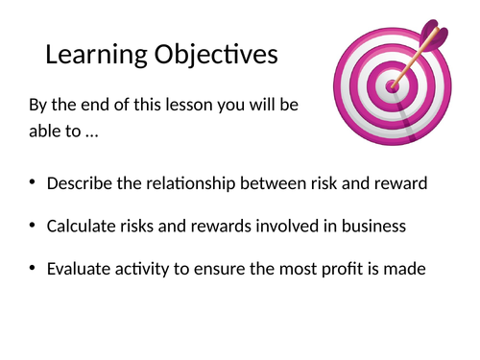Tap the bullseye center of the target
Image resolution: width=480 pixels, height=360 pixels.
tap(392, 85)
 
